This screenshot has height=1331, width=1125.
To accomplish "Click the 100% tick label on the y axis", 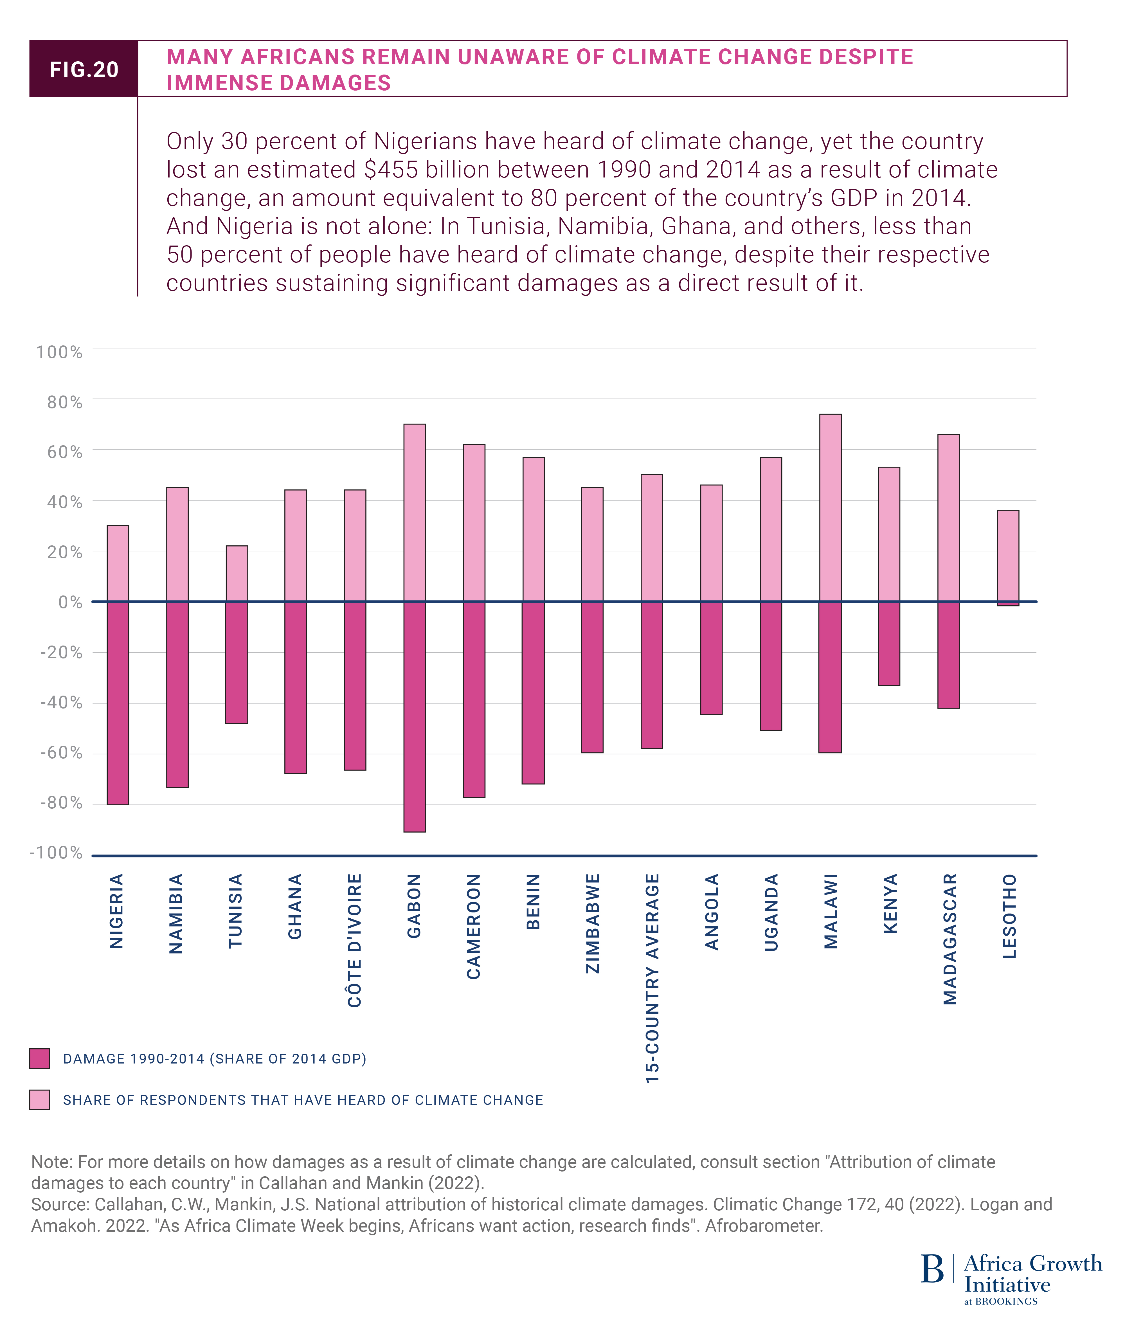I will [x=59, y=352].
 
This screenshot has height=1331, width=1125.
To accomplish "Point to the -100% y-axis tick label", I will [x=56, y=853].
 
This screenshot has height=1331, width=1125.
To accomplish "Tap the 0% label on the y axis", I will [x=70, y=602].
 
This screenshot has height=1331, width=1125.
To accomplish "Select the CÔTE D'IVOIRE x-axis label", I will [x=355, y=941].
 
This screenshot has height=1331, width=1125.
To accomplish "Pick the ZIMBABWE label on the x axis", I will [x=593, y=923].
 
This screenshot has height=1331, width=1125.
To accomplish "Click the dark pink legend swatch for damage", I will [x=40, y=1059].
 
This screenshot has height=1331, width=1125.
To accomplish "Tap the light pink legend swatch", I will [x=40, y=1100].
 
